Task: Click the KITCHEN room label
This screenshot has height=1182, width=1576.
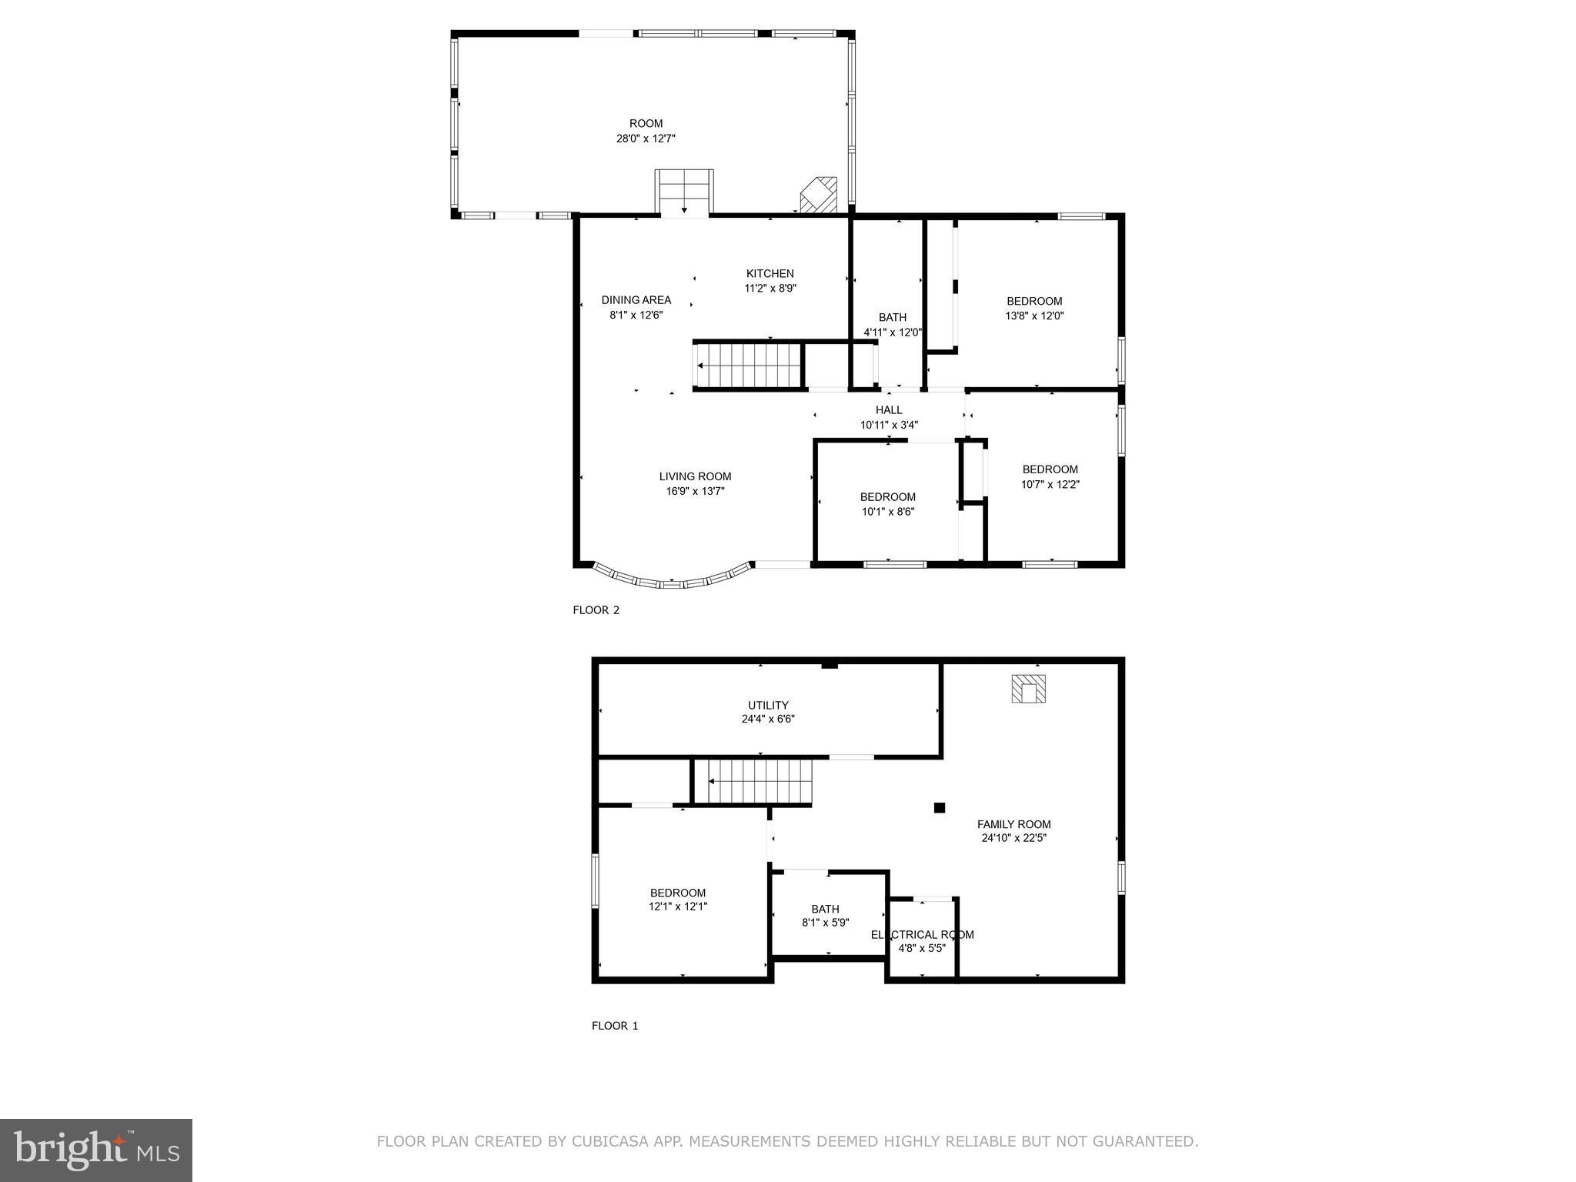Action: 770,273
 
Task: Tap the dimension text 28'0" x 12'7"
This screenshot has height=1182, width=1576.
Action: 646,139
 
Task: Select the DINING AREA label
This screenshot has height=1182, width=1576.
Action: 636,300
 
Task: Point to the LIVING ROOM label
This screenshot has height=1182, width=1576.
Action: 695,476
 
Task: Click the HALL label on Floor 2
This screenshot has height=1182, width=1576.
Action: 888,410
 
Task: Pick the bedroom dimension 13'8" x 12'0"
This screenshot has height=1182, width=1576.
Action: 1034,316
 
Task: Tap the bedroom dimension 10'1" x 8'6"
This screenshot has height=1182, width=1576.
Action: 887,512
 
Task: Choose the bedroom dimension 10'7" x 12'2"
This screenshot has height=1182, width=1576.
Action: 1050,485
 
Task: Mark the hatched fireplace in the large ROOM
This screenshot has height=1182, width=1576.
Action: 819,195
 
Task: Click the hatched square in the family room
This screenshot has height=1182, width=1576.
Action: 1028,689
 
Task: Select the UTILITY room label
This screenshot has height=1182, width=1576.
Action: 768,705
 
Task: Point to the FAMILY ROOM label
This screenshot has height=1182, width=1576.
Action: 1013,824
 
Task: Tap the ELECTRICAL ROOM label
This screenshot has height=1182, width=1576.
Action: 922,934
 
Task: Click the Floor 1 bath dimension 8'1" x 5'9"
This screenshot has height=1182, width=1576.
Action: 825,923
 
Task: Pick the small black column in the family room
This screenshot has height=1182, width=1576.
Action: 939,807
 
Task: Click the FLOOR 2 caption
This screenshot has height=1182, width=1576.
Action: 596,610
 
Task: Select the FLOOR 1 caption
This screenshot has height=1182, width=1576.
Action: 614,1026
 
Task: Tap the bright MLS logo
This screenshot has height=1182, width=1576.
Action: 96,1150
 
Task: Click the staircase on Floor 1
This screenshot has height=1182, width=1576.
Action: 754,781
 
